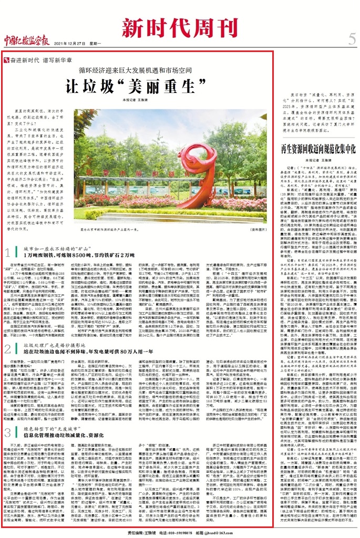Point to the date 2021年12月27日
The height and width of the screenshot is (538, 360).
(x=74, y=43)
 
